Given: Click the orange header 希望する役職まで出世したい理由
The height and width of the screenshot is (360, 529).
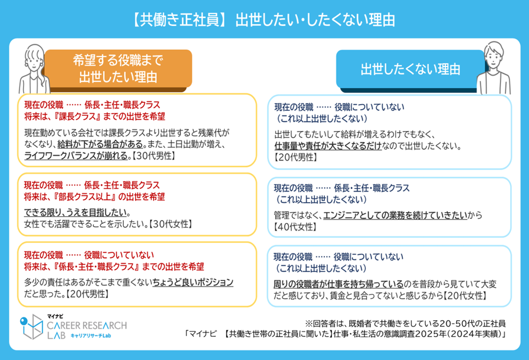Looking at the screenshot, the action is pos(118,69).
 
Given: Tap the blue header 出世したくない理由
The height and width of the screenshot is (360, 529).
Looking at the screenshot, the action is pos(411,69).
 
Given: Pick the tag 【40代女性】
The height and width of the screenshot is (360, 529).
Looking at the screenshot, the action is pos(295,227).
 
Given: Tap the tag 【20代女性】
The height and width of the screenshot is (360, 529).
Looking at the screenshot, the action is pos(465,296).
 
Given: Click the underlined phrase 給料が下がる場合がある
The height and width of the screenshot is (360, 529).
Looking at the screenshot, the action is pos(100,144).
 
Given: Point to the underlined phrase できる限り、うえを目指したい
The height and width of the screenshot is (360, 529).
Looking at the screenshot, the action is pos(76,212).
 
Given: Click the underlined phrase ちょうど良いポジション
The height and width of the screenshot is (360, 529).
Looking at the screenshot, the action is pos(193,282).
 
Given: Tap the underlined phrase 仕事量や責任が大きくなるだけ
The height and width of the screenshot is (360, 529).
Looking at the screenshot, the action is pos(328,146).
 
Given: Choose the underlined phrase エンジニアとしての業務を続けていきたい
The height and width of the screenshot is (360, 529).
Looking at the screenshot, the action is pos(396,215).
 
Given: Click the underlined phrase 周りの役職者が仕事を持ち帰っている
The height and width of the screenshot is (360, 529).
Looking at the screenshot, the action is pos(338,284).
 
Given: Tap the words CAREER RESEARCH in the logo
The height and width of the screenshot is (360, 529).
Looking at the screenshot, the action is pos(87,325).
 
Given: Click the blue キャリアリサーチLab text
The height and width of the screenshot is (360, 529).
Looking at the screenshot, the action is pos(91,336).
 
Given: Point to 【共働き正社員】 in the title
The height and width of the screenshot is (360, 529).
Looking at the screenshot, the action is pos(178,20).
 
